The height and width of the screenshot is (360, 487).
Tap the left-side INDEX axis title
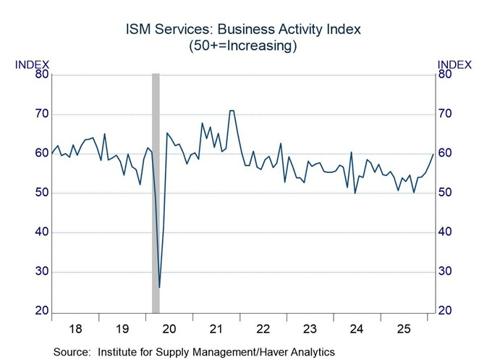point(31,64)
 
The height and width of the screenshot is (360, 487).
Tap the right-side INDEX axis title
point(454,64)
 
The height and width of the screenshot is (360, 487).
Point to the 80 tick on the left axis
point(41,74)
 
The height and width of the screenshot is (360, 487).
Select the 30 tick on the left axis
point(41,272)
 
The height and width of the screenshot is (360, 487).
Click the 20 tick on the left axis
point(41,311)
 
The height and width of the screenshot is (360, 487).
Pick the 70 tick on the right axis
point(445,114)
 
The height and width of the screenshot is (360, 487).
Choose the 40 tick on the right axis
point(445,233)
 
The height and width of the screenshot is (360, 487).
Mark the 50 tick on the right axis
point(445,193)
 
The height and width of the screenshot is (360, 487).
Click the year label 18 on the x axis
point(75,329)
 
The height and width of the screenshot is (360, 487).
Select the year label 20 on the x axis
point(170,329)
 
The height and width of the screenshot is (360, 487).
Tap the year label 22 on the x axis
point(263,329)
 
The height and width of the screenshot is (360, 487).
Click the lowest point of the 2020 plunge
point(159,288)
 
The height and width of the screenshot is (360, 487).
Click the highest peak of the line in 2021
point(232,111)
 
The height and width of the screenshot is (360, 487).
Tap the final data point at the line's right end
point(433,154)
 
